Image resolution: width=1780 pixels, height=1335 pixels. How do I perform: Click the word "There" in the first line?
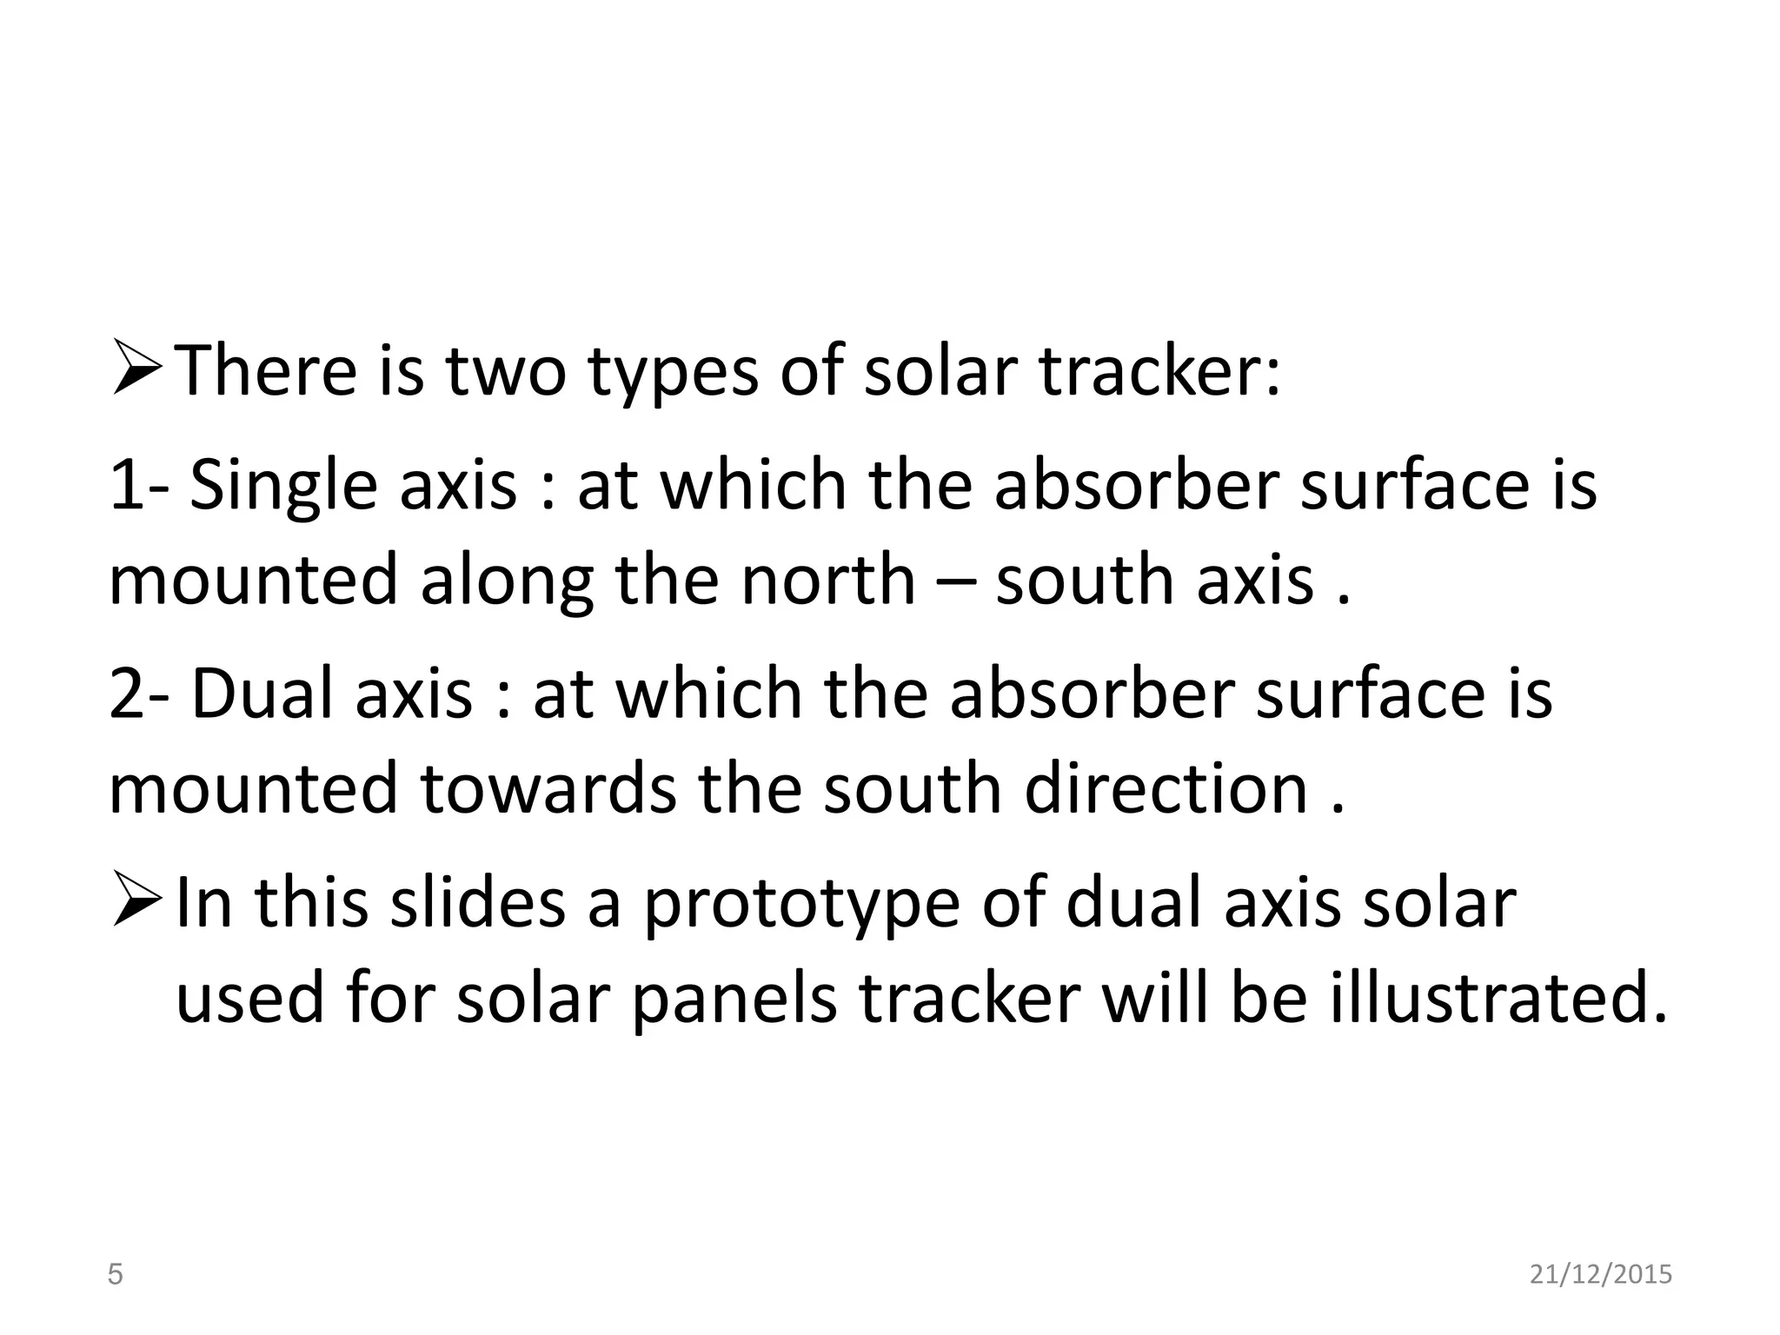click(x=266, y=371)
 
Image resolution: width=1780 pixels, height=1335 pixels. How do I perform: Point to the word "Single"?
click(x=283, y=487)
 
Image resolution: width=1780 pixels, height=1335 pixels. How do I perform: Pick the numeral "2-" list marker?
click(x=139, y=694)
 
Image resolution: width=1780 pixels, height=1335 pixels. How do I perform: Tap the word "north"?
click(x=828, y=580)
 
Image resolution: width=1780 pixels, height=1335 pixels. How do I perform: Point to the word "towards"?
click(x=548, y=788)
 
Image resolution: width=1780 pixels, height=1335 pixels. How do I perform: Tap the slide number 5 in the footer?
click(x=115, y=1275)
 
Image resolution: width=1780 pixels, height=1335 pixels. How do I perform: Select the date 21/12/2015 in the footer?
click(x=1601, y=1275)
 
